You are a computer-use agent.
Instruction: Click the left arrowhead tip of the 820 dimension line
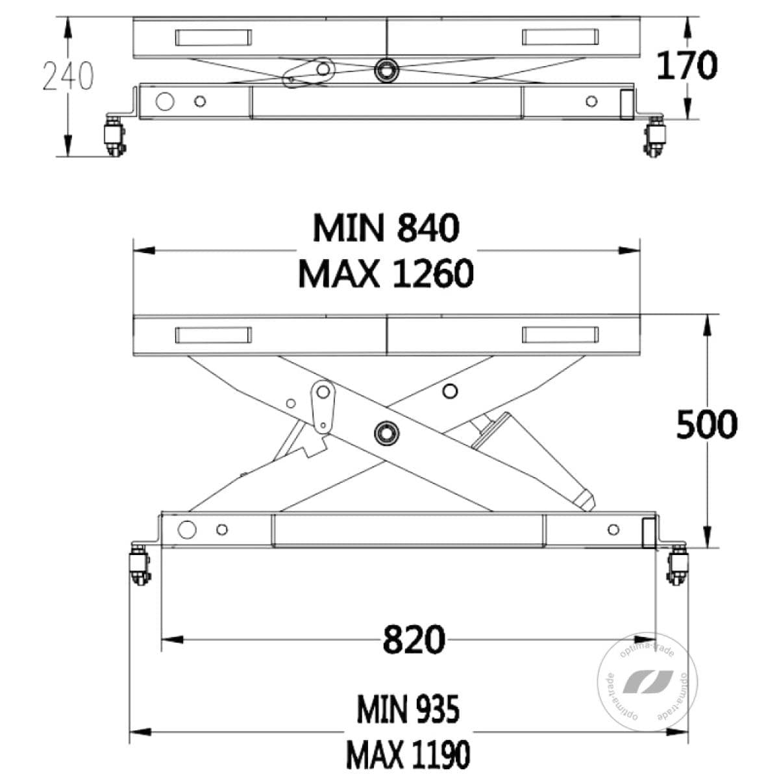click(162, 640)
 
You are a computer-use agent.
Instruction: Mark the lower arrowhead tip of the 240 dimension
click(68, 156)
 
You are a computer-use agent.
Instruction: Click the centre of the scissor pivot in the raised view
click(386, 432)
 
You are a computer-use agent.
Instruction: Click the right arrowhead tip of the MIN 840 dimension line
click(640, 250)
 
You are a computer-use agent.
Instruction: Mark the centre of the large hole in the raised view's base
click(187, 530)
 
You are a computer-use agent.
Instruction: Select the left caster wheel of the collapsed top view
click(115, 136)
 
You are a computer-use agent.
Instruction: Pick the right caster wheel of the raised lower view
click(677, 564)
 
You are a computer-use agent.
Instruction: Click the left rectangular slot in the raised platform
click(214, 335)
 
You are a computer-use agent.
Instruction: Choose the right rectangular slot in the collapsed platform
click(560, 37)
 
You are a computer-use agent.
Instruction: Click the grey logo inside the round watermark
click(648, 682)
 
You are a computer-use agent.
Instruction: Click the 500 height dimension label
click(707, 424)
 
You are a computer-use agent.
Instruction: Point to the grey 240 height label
click(68, 75)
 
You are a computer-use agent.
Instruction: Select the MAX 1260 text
click(386, 274)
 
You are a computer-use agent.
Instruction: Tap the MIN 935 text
click(408, 710)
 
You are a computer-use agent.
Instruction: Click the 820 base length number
click(414, 640)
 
